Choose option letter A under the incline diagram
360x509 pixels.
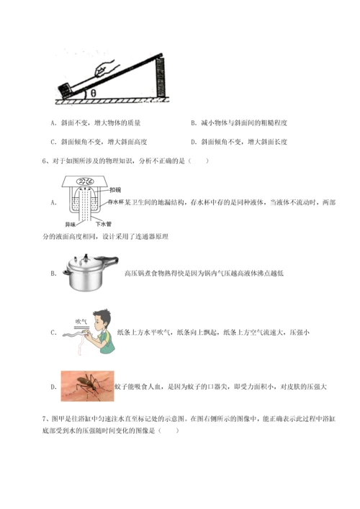(54, 124)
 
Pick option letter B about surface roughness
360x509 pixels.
(193, 124)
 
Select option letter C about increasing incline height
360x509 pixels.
(54, 142)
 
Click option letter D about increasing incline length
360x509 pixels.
(193, 142)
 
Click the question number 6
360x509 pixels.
(45, 161)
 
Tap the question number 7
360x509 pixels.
(45, 417)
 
